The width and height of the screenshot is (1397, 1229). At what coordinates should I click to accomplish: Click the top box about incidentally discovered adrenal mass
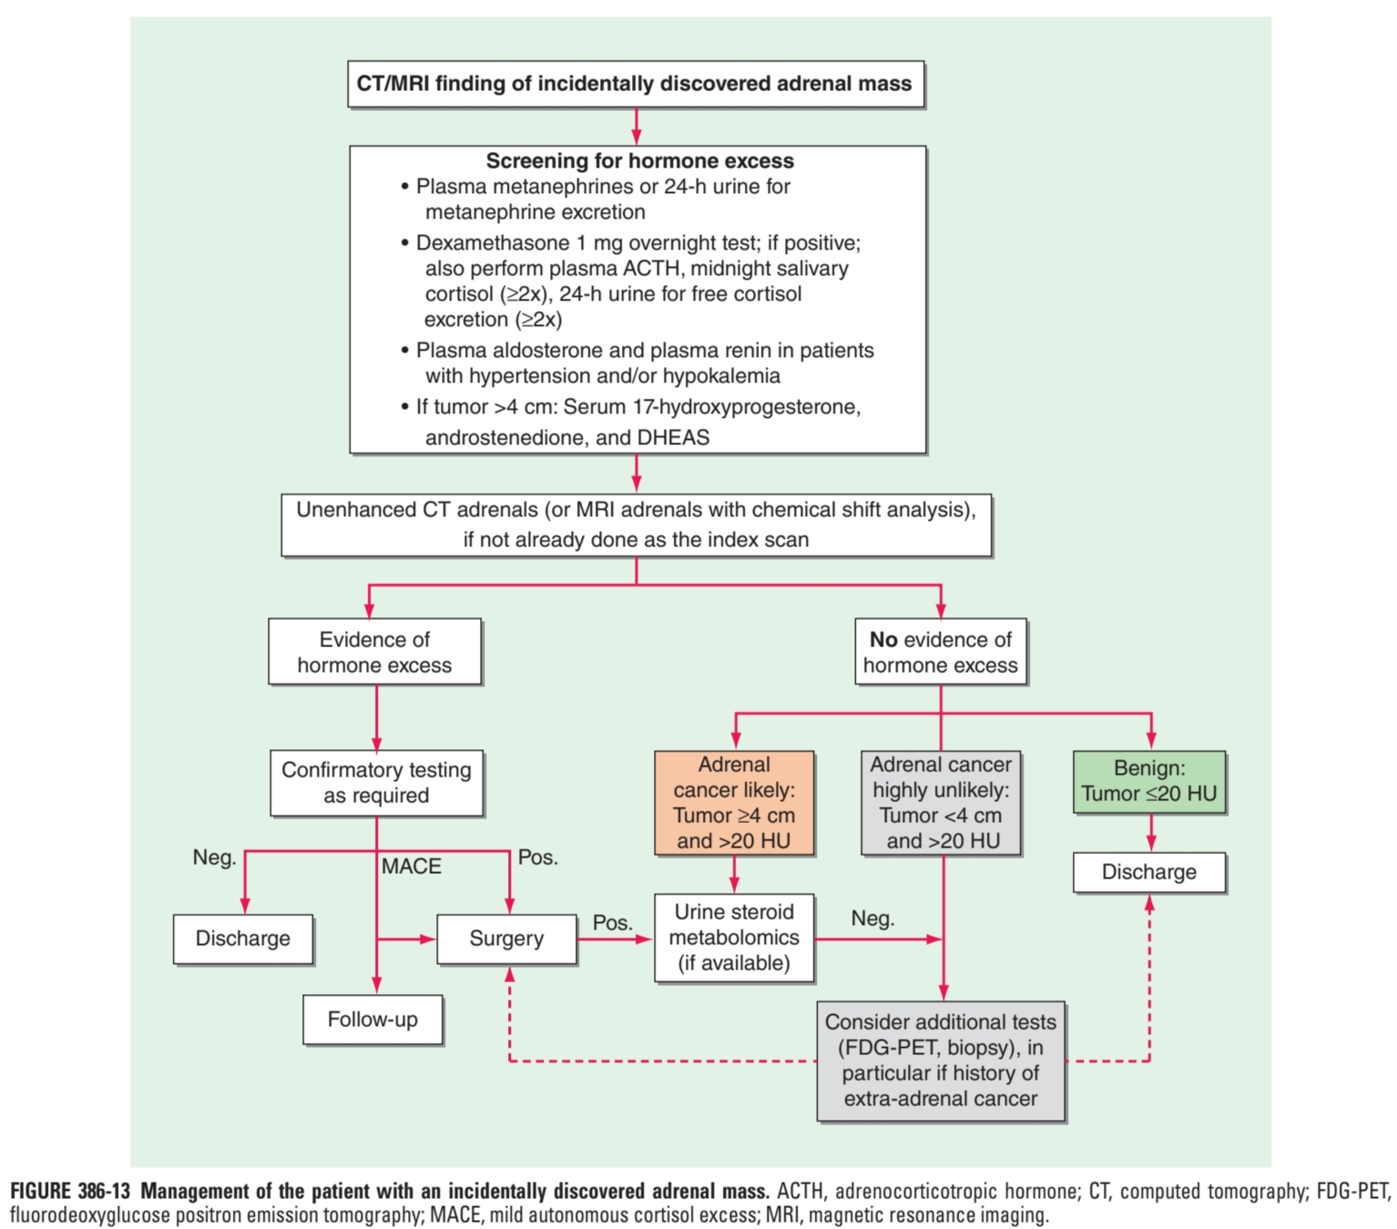coord(636,85)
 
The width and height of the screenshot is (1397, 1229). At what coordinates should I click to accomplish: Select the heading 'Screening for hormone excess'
coord(639,161)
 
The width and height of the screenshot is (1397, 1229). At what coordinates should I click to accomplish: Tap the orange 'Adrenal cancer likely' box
coord(734,803)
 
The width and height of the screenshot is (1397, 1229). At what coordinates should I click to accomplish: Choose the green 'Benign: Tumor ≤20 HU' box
coord(1149,782)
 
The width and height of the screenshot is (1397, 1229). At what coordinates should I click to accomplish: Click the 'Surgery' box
coord(506,939)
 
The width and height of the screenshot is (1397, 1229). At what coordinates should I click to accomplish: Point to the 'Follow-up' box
coord(372,1020)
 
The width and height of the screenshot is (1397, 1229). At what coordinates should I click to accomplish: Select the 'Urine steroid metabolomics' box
coord(734,938)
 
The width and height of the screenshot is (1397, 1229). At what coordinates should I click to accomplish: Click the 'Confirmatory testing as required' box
coord(376,783)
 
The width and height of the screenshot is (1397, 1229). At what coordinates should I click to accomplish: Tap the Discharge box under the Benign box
coord(1149,872)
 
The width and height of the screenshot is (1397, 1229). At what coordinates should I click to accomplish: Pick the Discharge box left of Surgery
coord(243,939)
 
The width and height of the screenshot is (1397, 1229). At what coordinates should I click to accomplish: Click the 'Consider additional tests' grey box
coord(941,1061)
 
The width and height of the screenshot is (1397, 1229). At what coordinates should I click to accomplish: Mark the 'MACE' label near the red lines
coord(412,867)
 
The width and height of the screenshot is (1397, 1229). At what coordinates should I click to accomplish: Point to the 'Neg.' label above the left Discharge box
coord(215,858)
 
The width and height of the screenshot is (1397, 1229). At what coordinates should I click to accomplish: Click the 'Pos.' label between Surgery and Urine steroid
coord(612,923)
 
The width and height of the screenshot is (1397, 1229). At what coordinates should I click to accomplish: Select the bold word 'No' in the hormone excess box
coord(883,640)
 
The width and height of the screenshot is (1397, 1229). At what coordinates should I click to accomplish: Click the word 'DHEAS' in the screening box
coord(673,438)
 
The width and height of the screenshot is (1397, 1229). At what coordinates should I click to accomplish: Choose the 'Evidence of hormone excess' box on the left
coord(374,653)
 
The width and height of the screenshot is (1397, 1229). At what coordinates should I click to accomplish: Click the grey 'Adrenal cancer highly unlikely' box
coord(941,803)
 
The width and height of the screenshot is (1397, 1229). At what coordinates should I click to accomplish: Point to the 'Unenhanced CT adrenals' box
coord(636,525)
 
